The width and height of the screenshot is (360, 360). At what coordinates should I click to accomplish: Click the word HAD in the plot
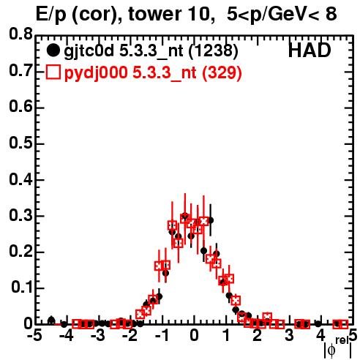[310, 50]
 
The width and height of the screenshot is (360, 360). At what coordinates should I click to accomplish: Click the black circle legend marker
[53, 50]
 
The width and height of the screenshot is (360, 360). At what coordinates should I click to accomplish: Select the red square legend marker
[53, 72]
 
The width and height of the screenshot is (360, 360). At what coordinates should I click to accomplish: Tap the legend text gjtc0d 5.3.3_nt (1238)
[151, 51]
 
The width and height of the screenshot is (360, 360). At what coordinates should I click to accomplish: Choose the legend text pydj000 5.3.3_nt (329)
[153, 73]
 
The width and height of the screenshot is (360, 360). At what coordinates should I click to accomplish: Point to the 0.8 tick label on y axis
[20, 34]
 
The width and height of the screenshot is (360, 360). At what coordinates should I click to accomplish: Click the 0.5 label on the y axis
[20, 143]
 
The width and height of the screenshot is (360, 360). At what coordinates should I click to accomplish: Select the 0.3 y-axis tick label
[20, 215]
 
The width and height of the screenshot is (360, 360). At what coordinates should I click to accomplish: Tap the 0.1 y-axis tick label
[21, 288]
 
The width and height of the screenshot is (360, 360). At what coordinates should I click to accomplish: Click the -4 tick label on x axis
[66, 336]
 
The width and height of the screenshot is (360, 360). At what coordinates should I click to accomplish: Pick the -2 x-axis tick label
[130, 336]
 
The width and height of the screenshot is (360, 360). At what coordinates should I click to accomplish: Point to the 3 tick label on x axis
[289, 336]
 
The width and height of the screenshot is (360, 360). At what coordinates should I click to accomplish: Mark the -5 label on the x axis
[34, 336]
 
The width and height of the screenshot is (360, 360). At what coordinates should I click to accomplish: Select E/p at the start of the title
[51, 15]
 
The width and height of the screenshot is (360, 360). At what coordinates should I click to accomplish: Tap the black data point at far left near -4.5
[51, 320]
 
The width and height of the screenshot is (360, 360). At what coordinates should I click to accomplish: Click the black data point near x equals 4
[318, 324]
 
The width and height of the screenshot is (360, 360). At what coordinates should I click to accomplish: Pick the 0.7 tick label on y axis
[20, 70]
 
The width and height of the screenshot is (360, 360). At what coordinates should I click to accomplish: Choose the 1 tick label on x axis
[227, 336]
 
